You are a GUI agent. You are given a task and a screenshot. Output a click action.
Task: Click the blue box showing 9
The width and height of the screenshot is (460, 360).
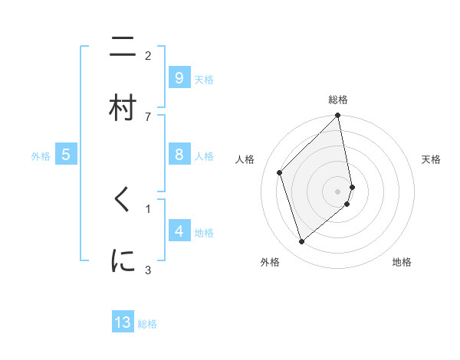179,77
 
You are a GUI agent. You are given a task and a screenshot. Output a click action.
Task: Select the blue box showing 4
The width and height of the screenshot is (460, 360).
179,231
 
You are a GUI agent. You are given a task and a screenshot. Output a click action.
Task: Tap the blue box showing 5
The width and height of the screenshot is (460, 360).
66,155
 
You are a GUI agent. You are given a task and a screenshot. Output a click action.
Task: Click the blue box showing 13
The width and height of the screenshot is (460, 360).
123,322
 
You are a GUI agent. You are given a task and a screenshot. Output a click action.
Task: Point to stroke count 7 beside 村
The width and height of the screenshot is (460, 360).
148,116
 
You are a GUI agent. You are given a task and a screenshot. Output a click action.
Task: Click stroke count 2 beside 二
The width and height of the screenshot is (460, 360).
148,56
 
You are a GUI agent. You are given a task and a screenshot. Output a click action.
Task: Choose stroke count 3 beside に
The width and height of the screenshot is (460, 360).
148,269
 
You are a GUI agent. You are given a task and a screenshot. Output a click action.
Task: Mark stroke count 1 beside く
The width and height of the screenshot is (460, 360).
148,208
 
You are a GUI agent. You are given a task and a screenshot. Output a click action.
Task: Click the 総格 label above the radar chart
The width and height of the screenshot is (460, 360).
338,100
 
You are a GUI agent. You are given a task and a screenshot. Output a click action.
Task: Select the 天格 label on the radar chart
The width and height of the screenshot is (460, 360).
432,159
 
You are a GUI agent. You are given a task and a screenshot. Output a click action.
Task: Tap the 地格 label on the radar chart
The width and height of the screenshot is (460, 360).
402,262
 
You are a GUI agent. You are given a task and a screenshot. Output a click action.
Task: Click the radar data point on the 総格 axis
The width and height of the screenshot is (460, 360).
338,116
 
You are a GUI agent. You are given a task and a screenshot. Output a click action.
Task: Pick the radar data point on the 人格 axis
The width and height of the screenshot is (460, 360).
280,172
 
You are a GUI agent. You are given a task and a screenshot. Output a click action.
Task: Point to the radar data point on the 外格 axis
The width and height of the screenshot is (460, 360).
302,242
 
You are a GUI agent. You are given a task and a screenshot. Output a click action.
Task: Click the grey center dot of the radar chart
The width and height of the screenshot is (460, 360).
338,191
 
